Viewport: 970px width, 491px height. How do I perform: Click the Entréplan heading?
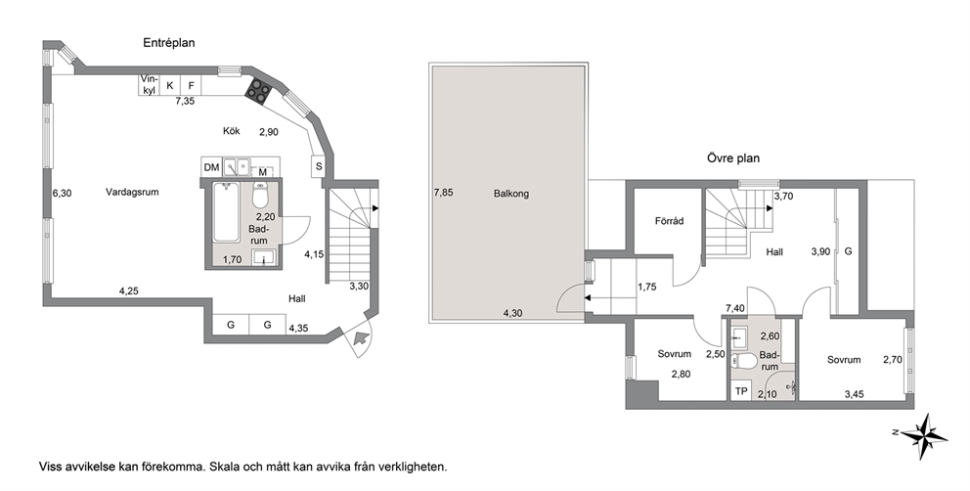coord(169,43)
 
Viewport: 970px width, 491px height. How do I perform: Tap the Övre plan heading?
coord(733,158)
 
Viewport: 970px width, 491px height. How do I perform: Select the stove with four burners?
coord(258,91)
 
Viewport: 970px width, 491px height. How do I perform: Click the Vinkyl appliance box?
coord(149,85)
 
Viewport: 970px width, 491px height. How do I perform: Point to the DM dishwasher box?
coord(211,167)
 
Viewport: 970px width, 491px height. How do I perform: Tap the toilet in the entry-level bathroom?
coord(260,195)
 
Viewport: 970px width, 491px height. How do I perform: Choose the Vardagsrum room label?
coord(132,192)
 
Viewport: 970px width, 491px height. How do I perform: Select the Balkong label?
coord(511,194)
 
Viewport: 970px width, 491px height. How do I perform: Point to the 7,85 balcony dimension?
coord(444,193)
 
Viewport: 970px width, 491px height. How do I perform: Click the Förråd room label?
coord(670,221)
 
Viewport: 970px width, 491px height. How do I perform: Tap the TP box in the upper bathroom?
coord(740,391)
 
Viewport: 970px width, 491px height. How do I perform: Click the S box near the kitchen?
coord(319,166)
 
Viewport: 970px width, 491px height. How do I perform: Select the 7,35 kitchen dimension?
coord(185,102)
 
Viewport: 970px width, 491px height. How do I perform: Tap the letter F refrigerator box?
coord(191,85)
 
